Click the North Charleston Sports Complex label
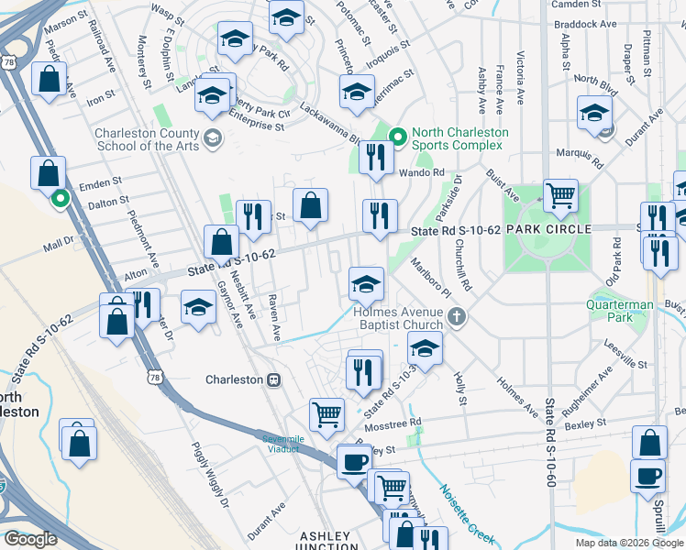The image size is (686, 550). tap(459, 138)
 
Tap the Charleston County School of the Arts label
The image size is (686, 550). tap(147, 139)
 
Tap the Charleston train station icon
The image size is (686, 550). tap(272, 379)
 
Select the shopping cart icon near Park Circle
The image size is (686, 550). tap(560, 194)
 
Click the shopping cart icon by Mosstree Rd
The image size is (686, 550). tap(326, 413)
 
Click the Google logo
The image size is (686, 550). tap(30, 540)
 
